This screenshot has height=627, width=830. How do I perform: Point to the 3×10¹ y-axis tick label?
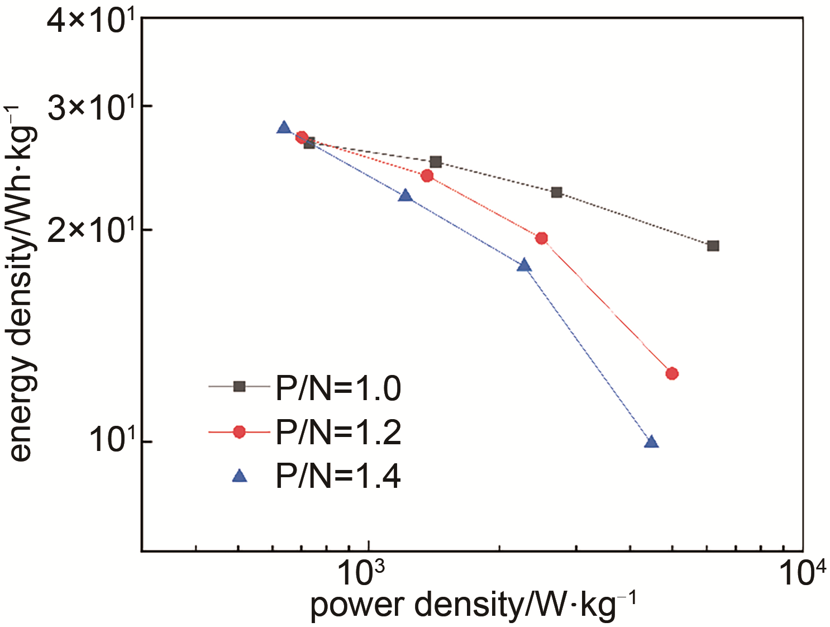(x=92, y=107)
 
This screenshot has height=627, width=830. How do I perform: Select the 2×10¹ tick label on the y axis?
(x=92, y=230)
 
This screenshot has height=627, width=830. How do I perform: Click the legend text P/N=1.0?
(x=338, y=388)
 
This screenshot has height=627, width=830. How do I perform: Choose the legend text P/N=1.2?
(x=338, y=432)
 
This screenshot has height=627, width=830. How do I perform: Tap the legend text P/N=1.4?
(x=338, y=476)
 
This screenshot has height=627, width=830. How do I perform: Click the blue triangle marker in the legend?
(x=240, y=476)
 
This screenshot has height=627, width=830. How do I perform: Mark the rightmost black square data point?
(x=713, y=246)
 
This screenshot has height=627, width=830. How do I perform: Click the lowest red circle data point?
(x=672, y=373)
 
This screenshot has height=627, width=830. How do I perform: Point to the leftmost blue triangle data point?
(x=284, y=128)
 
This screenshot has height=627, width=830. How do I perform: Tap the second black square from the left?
(x=436, y=162)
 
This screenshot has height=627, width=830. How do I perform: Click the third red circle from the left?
(x=541, y=239)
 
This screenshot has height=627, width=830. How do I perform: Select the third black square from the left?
(x=556, y=192)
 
